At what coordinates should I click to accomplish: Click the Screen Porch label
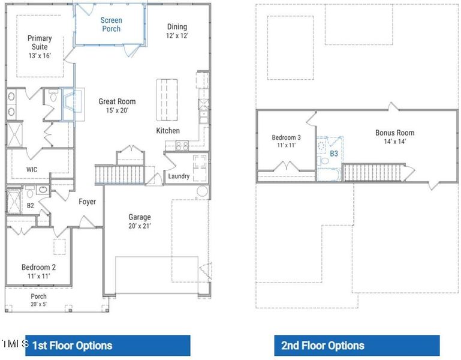[x=111, y=25]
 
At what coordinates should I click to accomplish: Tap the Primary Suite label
[x=40, y=47]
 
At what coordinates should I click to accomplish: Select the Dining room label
[x=177, y=31]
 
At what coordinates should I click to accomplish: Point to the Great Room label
[x=117, y=106]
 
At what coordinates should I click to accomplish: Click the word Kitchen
[x=168, y=131]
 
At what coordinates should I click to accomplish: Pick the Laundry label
[x=179, y=176]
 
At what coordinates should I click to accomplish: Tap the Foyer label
[x=88, y=202]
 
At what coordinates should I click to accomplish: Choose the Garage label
[x=140, y=221]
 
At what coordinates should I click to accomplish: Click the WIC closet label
[x=32, y=170]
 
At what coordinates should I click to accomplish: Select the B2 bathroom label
[x=31, y=206]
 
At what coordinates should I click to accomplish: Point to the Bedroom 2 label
[x=38, y=271]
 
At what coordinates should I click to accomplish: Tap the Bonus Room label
[x=394, y=137]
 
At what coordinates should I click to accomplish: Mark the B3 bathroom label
[x=334, y=154]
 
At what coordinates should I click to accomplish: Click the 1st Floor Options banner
[x=108, y=346]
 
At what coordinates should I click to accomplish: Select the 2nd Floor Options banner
[x=357, y=346]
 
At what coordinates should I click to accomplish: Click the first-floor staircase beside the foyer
[x=119, y=175]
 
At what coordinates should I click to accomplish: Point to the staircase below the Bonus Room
[x=372, y=173]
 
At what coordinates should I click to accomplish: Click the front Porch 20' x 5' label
[x=38, y=300]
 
